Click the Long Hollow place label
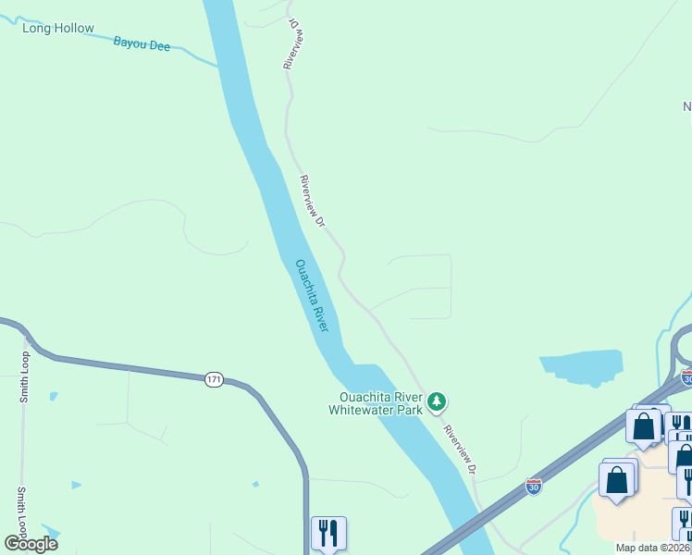click(58, 28)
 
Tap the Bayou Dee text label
click(142, 43)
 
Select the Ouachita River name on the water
click(312, 295)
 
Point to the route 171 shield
click(214, 379)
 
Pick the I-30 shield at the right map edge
click(686, 377)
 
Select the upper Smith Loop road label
click(25, 377)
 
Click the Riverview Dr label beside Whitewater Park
click(459, 449)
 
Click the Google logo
click(31, 543)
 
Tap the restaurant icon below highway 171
click(328, 534)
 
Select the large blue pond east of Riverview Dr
click(583, 367)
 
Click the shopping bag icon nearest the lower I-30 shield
click(617, 481)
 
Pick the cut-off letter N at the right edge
click(686, 106)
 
